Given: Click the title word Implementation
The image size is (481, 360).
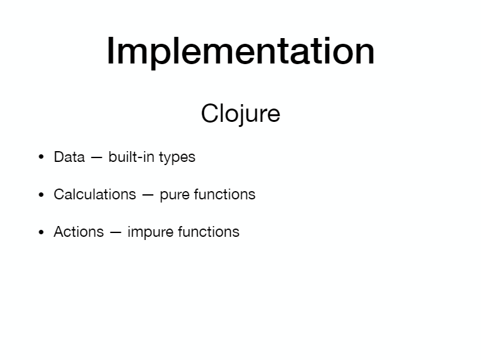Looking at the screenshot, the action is point(240,51).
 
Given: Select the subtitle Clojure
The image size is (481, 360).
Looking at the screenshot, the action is point(240,114).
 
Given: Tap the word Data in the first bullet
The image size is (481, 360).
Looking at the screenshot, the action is point(69,157).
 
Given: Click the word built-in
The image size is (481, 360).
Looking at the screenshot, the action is point(132,157).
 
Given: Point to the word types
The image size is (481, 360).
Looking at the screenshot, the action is point(177,157).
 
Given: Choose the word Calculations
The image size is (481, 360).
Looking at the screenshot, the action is point(95,194).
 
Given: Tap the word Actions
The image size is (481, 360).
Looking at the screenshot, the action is point(79,232).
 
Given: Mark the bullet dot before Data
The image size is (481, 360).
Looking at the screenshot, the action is point(41,157).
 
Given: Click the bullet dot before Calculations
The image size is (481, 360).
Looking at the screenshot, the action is point(41,194).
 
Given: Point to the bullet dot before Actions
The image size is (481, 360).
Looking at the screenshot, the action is point(41,232).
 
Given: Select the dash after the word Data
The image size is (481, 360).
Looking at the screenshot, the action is point(97,158).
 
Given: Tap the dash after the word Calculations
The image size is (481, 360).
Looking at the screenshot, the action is point(148,196).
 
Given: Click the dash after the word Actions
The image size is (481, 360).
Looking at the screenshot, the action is point(116,233).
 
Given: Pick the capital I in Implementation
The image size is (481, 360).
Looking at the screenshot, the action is point(109,51).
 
